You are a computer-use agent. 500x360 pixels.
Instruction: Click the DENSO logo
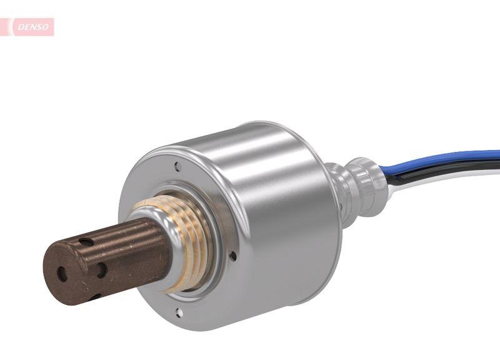click(31, 27)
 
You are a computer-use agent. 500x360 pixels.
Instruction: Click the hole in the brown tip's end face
click(62, 274)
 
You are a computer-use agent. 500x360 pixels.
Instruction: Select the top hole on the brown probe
click(86, 242)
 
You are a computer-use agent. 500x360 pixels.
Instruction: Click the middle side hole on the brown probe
click(101, 269)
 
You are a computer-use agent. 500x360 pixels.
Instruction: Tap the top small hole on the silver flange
click(178, 167)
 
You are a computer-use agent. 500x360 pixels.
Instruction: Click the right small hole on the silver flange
click(232, 256)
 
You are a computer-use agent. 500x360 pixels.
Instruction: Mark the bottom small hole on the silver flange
click(179, 311)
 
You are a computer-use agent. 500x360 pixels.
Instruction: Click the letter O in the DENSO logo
click(46, 27)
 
